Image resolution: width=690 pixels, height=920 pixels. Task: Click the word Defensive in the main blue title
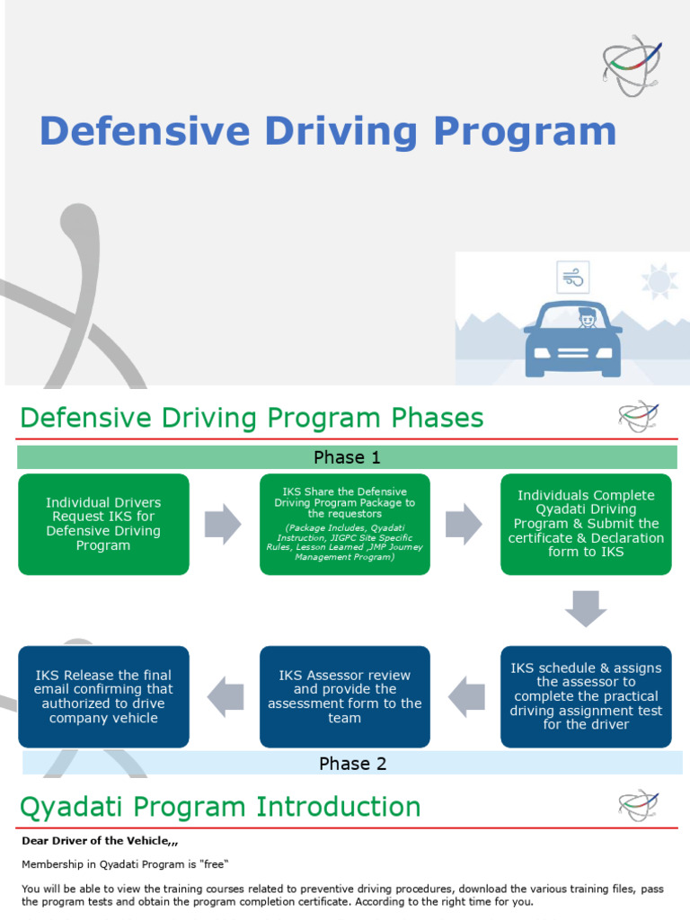145,130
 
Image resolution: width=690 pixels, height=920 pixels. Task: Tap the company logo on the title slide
632,66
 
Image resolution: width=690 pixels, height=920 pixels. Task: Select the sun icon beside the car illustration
659,281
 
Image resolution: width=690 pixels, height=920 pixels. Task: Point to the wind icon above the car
572,277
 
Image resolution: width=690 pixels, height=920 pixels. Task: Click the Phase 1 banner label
348,457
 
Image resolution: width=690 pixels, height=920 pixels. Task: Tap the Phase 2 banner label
352,764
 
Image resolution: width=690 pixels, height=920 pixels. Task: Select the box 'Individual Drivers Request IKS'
104,524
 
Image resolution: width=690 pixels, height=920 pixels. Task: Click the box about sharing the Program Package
345,524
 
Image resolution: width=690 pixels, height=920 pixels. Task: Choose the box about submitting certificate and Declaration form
586,524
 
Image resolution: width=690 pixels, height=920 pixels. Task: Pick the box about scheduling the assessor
586,696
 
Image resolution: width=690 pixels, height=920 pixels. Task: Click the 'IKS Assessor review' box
345,696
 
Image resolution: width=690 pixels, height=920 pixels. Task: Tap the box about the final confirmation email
104,696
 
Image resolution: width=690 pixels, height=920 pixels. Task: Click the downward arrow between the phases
586,608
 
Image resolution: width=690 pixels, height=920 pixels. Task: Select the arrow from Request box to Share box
223,524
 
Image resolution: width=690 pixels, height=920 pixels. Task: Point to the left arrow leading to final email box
226,696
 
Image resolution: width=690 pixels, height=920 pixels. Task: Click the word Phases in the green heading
438,418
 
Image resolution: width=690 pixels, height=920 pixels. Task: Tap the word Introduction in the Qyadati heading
339,806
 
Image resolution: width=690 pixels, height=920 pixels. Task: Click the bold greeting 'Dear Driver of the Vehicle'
100,841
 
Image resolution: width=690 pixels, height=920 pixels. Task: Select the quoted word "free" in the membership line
214,864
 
